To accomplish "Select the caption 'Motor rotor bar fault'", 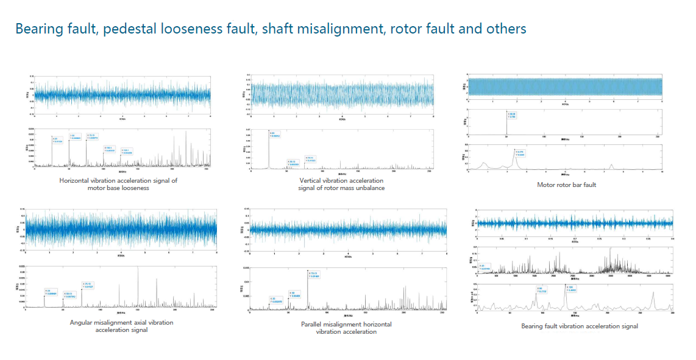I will point(566,185).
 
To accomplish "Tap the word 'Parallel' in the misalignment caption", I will point(315,324).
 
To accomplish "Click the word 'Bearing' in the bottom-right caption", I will point(533,326).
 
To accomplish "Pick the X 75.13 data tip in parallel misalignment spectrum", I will point(313,275).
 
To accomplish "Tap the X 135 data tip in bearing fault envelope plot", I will point(571,288).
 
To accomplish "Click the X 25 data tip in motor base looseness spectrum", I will point(59,140).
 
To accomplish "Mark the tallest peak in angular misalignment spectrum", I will point(138,270).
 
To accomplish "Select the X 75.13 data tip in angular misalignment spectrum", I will point(87,285).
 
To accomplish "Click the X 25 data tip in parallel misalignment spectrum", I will point(275,300).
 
